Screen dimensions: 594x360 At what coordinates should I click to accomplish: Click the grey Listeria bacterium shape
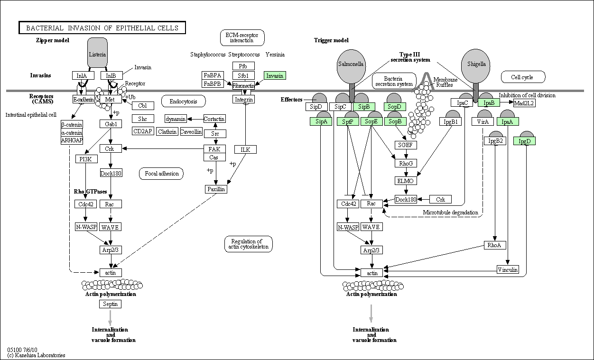97,53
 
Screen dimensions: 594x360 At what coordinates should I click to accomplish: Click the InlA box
83,75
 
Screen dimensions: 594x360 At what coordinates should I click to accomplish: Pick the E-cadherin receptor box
84,100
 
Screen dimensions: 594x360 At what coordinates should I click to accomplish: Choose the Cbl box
143,105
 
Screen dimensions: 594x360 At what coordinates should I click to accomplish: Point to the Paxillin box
216,189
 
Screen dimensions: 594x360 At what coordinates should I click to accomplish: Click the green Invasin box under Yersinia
275,75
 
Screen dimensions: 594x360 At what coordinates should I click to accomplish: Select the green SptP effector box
348,121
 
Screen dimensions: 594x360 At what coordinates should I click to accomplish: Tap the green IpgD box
524,141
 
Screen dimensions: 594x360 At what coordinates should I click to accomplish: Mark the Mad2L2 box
524,103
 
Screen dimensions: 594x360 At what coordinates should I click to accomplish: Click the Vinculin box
508,269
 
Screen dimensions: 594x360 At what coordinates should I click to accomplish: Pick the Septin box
111,304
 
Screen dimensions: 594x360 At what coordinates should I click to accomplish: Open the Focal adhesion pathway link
161,174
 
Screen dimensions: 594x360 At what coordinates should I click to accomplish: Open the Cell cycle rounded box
523,77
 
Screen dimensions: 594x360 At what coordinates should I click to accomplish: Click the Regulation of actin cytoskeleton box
249,244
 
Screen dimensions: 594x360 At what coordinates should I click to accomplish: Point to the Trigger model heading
331,40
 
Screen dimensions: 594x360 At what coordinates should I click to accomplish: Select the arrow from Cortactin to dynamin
195,119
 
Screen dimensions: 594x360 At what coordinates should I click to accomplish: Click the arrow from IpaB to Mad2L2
507,102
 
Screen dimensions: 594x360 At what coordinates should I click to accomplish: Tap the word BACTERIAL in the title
45,28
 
